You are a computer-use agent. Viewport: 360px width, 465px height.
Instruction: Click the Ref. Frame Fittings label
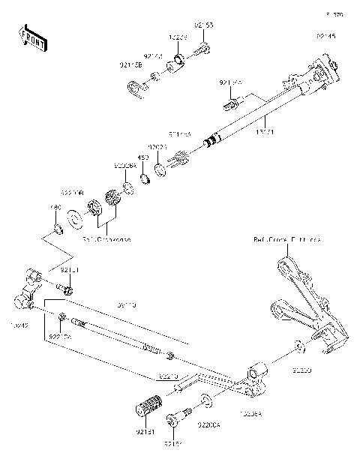pos(286,241)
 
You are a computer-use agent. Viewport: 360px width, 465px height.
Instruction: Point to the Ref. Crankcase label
pos(106,240)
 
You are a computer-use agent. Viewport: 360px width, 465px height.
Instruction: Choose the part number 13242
pos(18,327)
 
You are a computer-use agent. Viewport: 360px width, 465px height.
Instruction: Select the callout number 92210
pos(168,374)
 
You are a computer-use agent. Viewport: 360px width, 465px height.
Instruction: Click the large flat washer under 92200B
pos(76,217)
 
